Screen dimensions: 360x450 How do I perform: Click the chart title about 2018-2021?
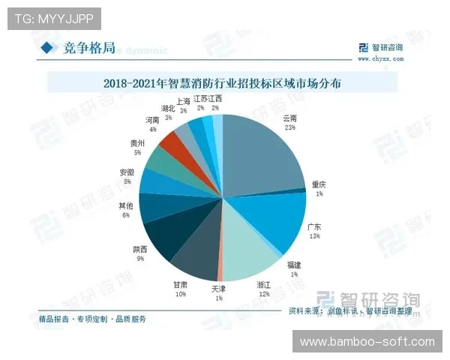coord(223,83)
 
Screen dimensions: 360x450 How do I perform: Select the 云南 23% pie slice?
coord(262,150)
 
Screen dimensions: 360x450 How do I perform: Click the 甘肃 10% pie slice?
coord(196,255)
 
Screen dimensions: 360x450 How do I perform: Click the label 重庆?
coord(318,185)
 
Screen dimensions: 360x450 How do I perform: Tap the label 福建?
coord(293,265)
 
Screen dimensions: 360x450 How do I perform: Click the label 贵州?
coord(138,142)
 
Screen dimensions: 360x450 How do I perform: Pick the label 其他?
coord(127,205)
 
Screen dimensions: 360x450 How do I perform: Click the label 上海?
coord(183,101)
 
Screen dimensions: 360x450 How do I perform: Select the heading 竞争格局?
coord(89,48)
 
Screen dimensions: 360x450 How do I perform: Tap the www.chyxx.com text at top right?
coord(380,57)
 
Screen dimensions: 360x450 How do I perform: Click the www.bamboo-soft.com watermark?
coord(367,342)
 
